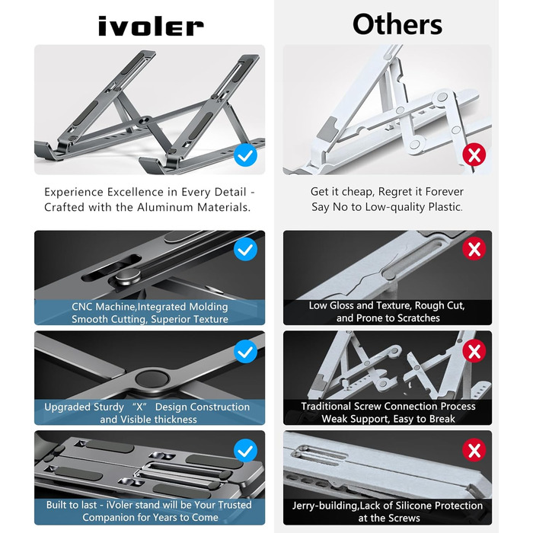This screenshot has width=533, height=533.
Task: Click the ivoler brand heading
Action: click(151, 27)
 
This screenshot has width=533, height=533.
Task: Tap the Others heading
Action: click(397, 24)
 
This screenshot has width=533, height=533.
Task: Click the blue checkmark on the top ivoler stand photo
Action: click(245, 155)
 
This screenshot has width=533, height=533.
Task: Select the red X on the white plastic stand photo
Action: click(474, 155)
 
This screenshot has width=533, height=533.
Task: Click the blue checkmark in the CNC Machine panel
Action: click(245, 249)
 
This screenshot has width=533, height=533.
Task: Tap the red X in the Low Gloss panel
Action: click(474, 249)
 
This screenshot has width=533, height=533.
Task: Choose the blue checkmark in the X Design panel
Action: click(245, 352)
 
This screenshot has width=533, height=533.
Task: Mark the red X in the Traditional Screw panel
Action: click(474, 351)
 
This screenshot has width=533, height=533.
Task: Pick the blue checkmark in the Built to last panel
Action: click(245, 451)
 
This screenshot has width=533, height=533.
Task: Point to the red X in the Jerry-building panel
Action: click(474, 450)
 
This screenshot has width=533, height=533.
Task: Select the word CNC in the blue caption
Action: click(82, 307)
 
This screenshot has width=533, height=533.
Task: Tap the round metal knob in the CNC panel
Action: click(127, 276)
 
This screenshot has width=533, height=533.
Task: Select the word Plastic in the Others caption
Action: click(445, 206)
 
